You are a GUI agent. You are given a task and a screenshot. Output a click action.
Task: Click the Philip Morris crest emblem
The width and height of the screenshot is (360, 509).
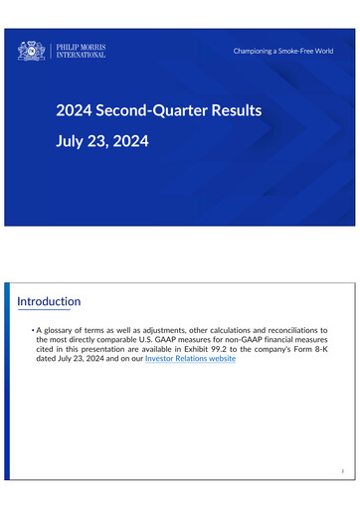32,50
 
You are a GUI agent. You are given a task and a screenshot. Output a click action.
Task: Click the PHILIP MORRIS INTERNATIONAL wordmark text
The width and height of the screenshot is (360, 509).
82,50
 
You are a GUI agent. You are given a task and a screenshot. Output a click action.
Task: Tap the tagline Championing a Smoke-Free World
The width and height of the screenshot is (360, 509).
283,50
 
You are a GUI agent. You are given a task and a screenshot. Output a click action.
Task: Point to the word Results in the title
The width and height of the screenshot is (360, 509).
237,109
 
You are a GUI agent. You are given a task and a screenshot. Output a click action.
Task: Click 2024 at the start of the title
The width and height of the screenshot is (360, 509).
75,109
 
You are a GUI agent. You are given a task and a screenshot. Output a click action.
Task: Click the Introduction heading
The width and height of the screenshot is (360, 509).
50,301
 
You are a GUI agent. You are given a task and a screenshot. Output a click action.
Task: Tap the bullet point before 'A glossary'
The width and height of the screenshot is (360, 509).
32,329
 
